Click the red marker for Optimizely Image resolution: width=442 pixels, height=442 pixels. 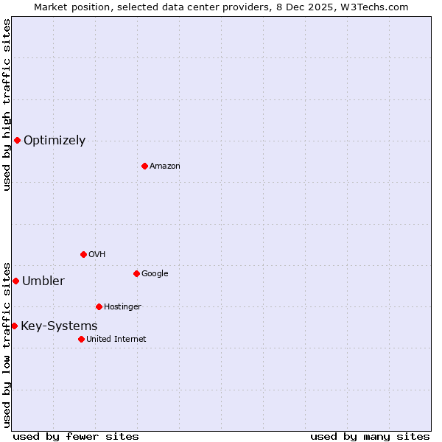[x=17, y=140]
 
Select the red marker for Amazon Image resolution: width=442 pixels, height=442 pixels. [x=144, y=166]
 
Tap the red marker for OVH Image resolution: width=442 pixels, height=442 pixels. [x=83, y=254]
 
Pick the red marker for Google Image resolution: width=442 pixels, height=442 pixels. [x=136, y=273]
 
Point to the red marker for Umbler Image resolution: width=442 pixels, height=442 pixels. [x=15, y=281]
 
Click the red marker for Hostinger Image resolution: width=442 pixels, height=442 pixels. [x=99, y=306]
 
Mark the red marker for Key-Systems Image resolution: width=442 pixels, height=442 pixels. [x=14, y=326]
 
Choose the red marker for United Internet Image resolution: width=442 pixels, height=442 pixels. [x=81, y=339]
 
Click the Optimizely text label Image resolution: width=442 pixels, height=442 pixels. [x=55, y=141]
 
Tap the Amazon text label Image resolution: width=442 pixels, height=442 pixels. [x=165, y=166]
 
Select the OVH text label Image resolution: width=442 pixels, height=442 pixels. [x=97, y=255]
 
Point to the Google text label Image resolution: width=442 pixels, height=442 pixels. [x=155, y=274]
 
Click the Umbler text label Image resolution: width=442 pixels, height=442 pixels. [x=43, y=281]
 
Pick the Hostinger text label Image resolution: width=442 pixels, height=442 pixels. [x=122, y=307]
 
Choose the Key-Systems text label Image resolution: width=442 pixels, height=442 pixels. [x=59, y=326]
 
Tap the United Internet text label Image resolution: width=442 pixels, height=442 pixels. [x=116, y=340]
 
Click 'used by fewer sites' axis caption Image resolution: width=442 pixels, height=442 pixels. [x=76, y=436]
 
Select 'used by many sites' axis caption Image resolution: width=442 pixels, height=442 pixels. [x=370, y=436]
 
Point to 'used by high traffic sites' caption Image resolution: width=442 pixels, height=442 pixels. [x=7, y=105]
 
